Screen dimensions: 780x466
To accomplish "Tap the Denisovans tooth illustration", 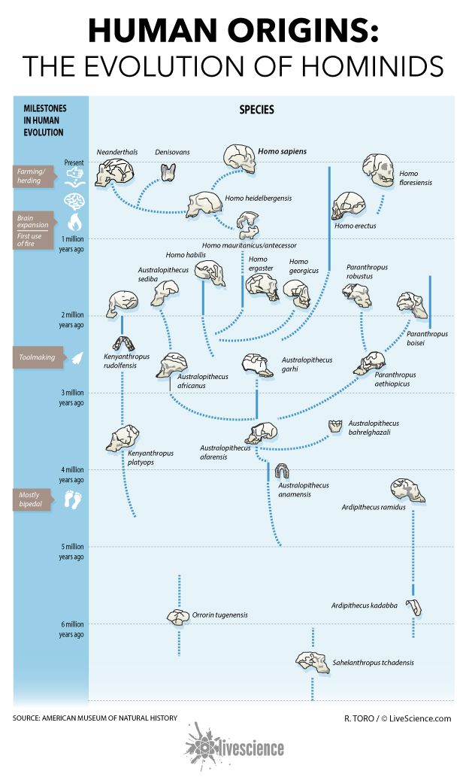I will click(x=168, y=171).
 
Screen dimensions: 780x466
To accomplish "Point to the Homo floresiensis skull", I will click(x=378, y=171).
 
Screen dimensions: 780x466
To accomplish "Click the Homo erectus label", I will click(x=355, y=226).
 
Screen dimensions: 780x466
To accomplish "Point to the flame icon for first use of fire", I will click(x=74, y=223).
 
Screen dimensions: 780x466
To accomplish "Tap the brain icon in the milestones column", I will click(x=74, y=200).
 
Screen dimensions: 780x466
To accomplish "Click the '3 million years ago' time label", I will click(x=72, y=397).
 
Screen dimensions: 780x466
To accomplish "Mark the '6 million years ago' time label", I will click(x=72, y=629).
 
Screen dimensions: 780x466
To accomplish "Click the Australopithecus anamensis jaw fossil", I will click(x=283, y=472).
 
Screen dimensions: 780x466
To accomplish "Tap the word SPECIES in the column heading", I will click(x=256, y=109).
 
